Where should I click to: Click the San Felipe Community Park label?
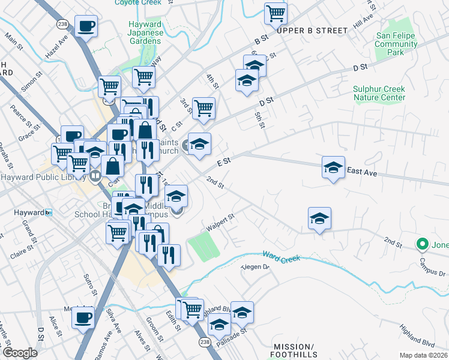[x=396, y=44]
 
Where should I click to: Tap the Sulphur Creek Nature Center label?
[x=379, y=93]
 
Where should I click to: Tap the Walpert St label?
[x=220, y=223]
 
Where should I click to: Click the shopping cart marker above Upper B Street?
[x=276, y=13]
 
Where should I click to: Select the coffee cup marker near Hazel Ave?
[x=86, y=26]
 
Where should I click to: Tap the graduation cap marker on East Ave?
[x=333, y=167]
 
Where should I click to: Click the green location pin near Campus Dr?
[x=422, y=244]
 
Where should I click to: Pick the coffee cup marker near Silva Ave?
[x=83, y=316]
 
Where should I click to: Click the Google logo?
[x=20, y=353]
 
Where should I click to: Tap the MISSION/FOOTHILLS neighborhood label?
[x=294, y=351]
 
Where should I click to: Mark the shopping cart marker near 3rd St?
[x=204, y=108]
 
